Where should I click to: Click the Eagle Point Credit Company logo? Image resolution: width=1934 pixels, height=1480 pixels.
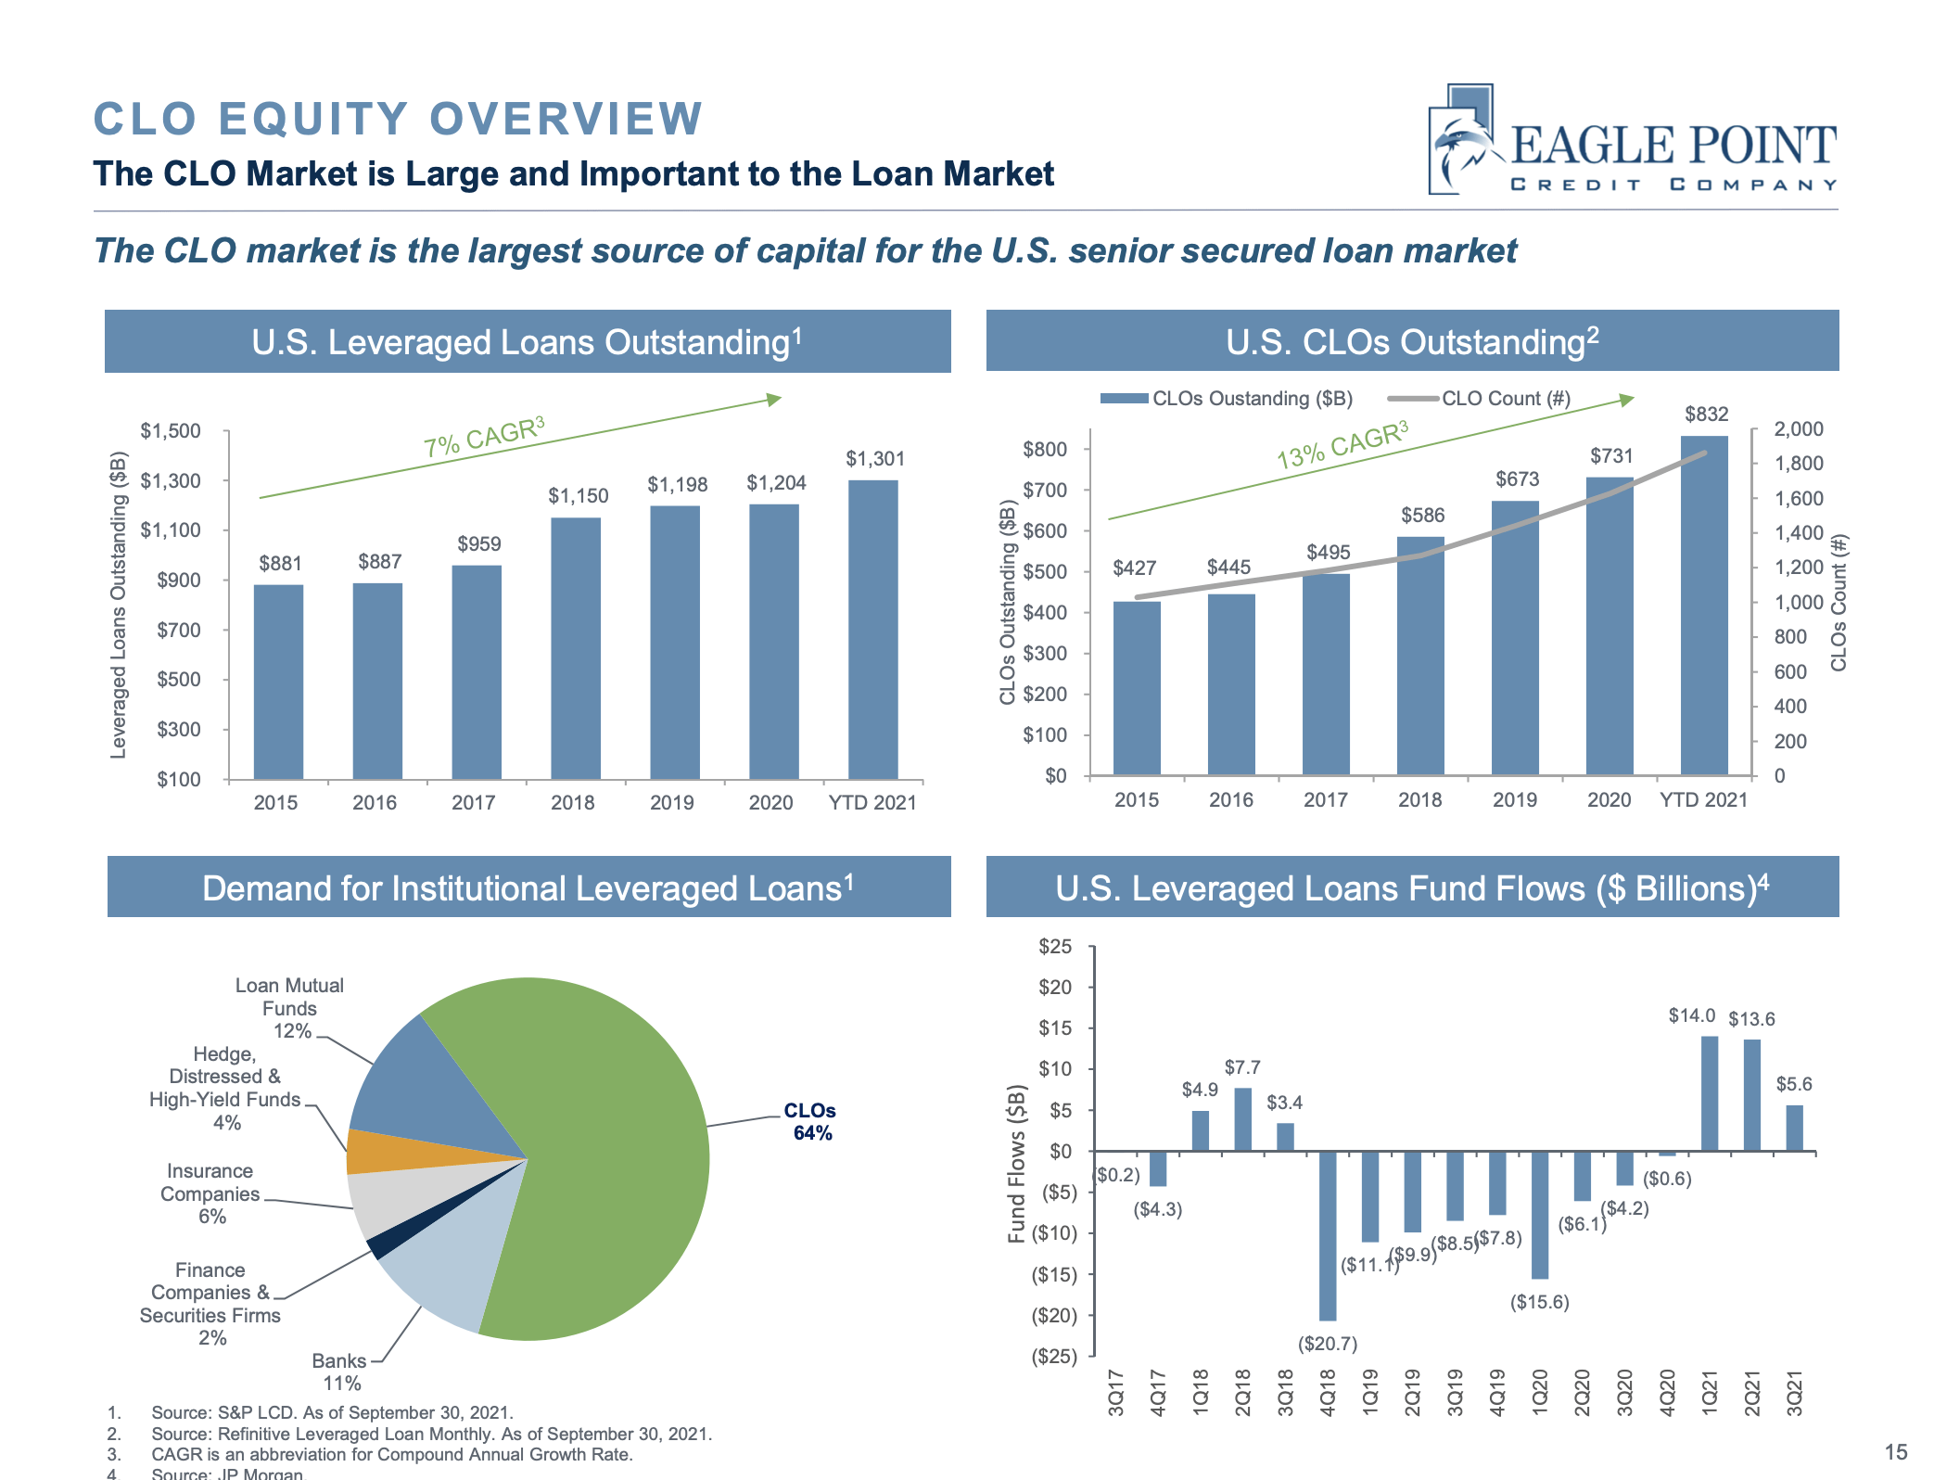[1632, 142]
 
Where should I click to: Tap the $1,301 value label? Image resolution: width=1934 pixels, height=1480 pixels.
[874, 459]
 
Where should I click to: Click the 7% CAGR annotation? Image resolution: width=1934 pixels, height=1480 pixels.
[483, 437]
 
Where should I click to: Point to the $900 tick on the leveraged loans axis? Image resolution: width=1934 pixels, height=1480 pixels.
[179, 581]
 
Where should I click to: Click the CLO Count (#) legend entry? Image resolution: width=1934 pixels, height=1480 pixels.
[1480, 399]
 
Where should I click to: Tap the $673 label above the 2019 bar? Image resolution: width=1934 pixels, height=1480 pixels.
[1517, 479]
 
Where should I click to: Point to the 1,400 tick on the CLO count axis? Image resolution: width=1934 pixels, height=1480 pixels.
[1798, 533]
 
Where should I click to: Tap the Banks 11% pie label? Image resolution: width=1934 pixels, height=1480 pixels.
[340, 1372]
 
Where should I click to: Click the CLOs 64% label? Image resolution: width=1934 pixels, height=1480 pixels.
[810, 1122]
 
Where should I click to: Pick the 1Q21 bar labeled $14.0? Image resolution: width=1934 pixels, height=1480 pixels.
[1710, 1094]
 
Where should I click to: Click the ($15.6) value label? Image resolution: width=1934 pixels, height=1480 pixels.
[1539, 1303]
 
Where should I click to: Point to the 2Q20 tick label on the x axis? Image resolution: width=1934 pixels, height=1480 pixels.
[1582, 1393]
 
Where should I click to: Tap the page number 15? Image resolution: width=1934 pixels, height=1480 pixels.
[1896, 1452]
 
